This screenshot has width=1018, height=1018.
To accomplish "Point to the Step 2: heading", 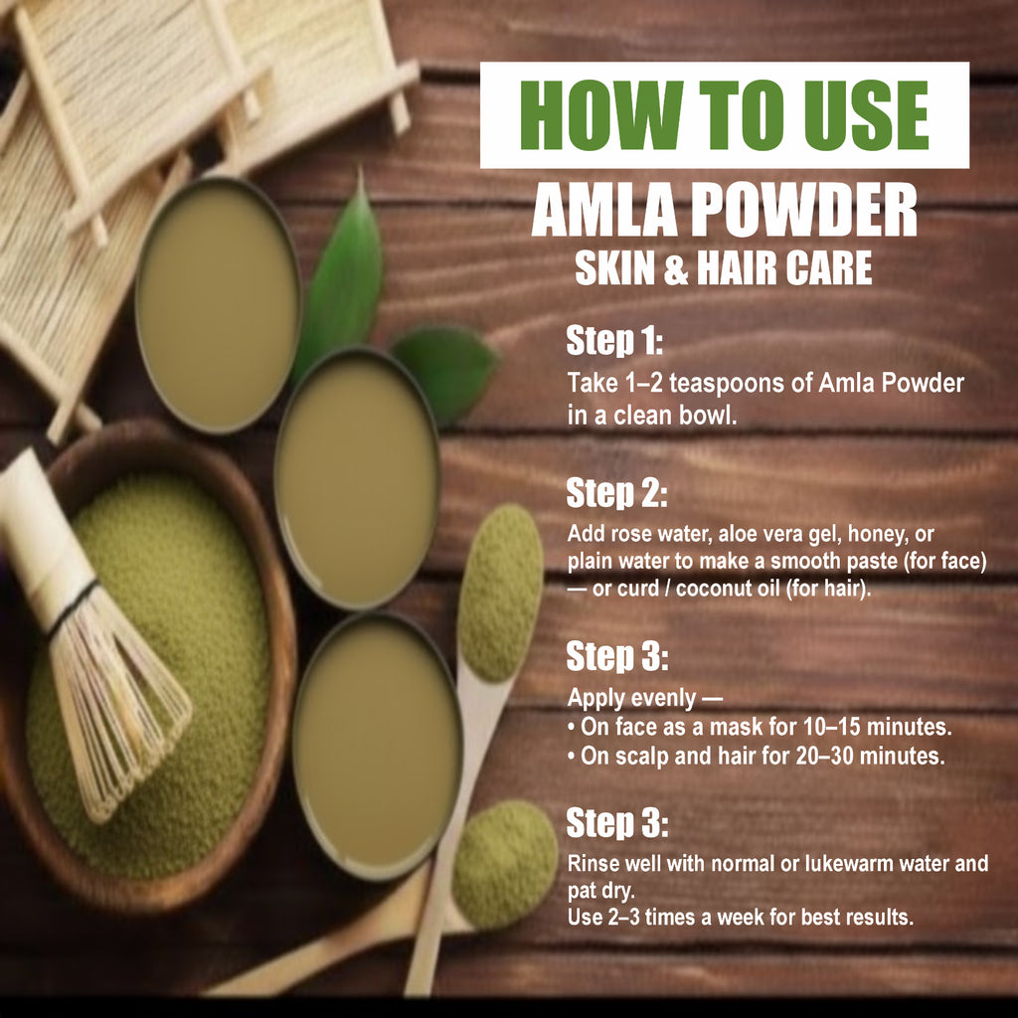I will click(x=616, y=493).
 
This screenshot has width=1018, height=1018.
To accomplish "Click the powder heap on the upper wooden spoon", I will click(x=500, y=592).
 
